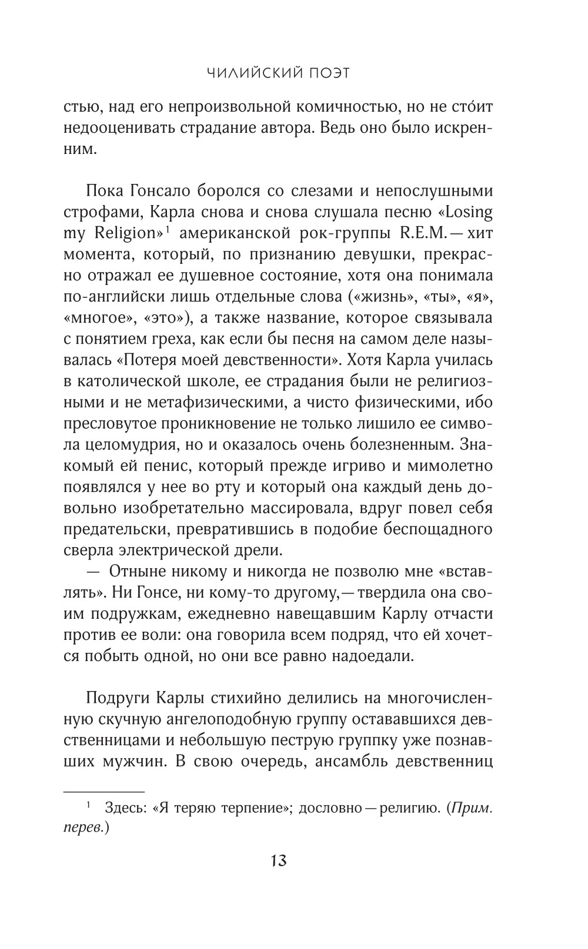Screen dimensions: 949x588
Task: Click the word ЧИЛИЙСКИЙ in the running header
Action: click(x=256, y=73)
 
